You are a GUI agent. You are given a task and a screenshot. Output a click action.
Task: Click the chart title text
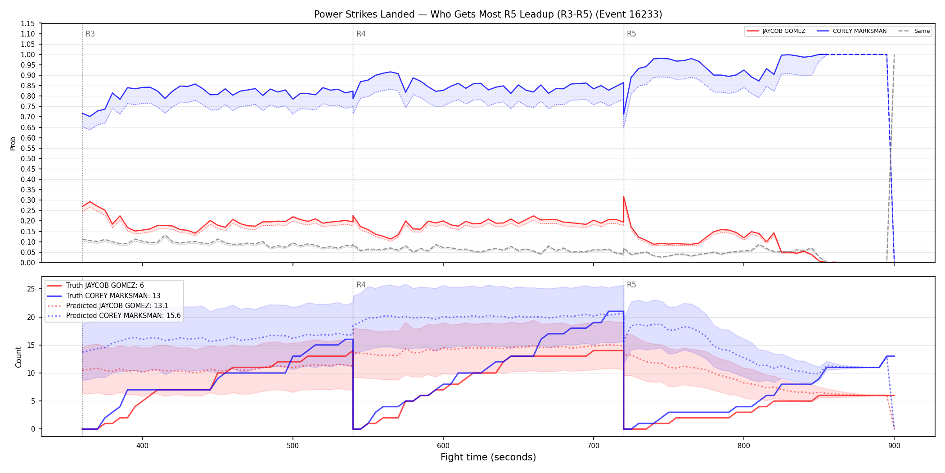click(488, 14)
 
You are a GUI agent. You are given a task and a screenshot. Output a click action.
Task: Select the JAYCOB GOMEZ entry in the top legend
click(776, 31)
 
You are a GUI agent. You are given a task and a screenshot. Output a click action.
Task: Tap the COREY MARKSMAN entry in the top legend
click(852, 31)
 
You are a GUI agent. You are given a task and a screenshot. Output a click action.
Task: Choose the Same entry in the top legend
click(914, 31)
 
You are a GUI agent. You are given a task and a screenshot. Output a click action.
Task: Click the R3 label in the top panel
click(90, 34)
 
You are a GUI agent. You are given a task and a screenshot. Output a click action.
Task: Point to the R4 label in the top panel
click(361, 34)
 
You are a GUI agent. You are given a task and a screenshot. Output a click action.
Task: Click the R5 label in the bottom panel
click(631, 285)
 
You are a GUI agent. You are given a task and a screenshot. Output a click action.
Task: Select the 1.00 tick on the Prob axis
click(28, 55)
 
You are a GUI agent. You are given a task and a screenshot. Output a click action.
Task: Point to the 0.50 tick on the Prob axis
click(28, 159)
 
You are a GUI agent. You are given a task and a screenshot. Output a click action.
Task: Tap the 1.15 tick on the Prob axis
click(28, 23)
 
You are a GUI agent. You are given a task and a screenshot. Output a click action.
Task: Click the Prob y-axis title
click(13, 143)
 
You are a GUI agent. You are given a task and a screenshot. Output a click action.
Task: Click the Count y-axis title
click(18, 357)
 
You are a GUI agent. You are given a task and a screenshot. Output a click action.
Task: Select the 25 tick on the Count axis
click(31, 289)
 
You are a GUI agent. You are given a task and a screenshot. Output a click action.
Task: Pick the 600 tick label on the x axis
click(443, 446)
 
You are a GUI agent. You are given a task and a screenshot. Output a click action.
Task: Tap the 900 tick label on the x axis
click(894, 446)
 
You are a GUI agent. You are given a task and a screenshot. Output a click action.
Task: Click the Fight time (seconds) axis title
click(488, 457)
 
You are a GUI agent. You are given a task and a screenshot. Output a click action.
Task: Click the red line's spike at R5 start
click(624, 197)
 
